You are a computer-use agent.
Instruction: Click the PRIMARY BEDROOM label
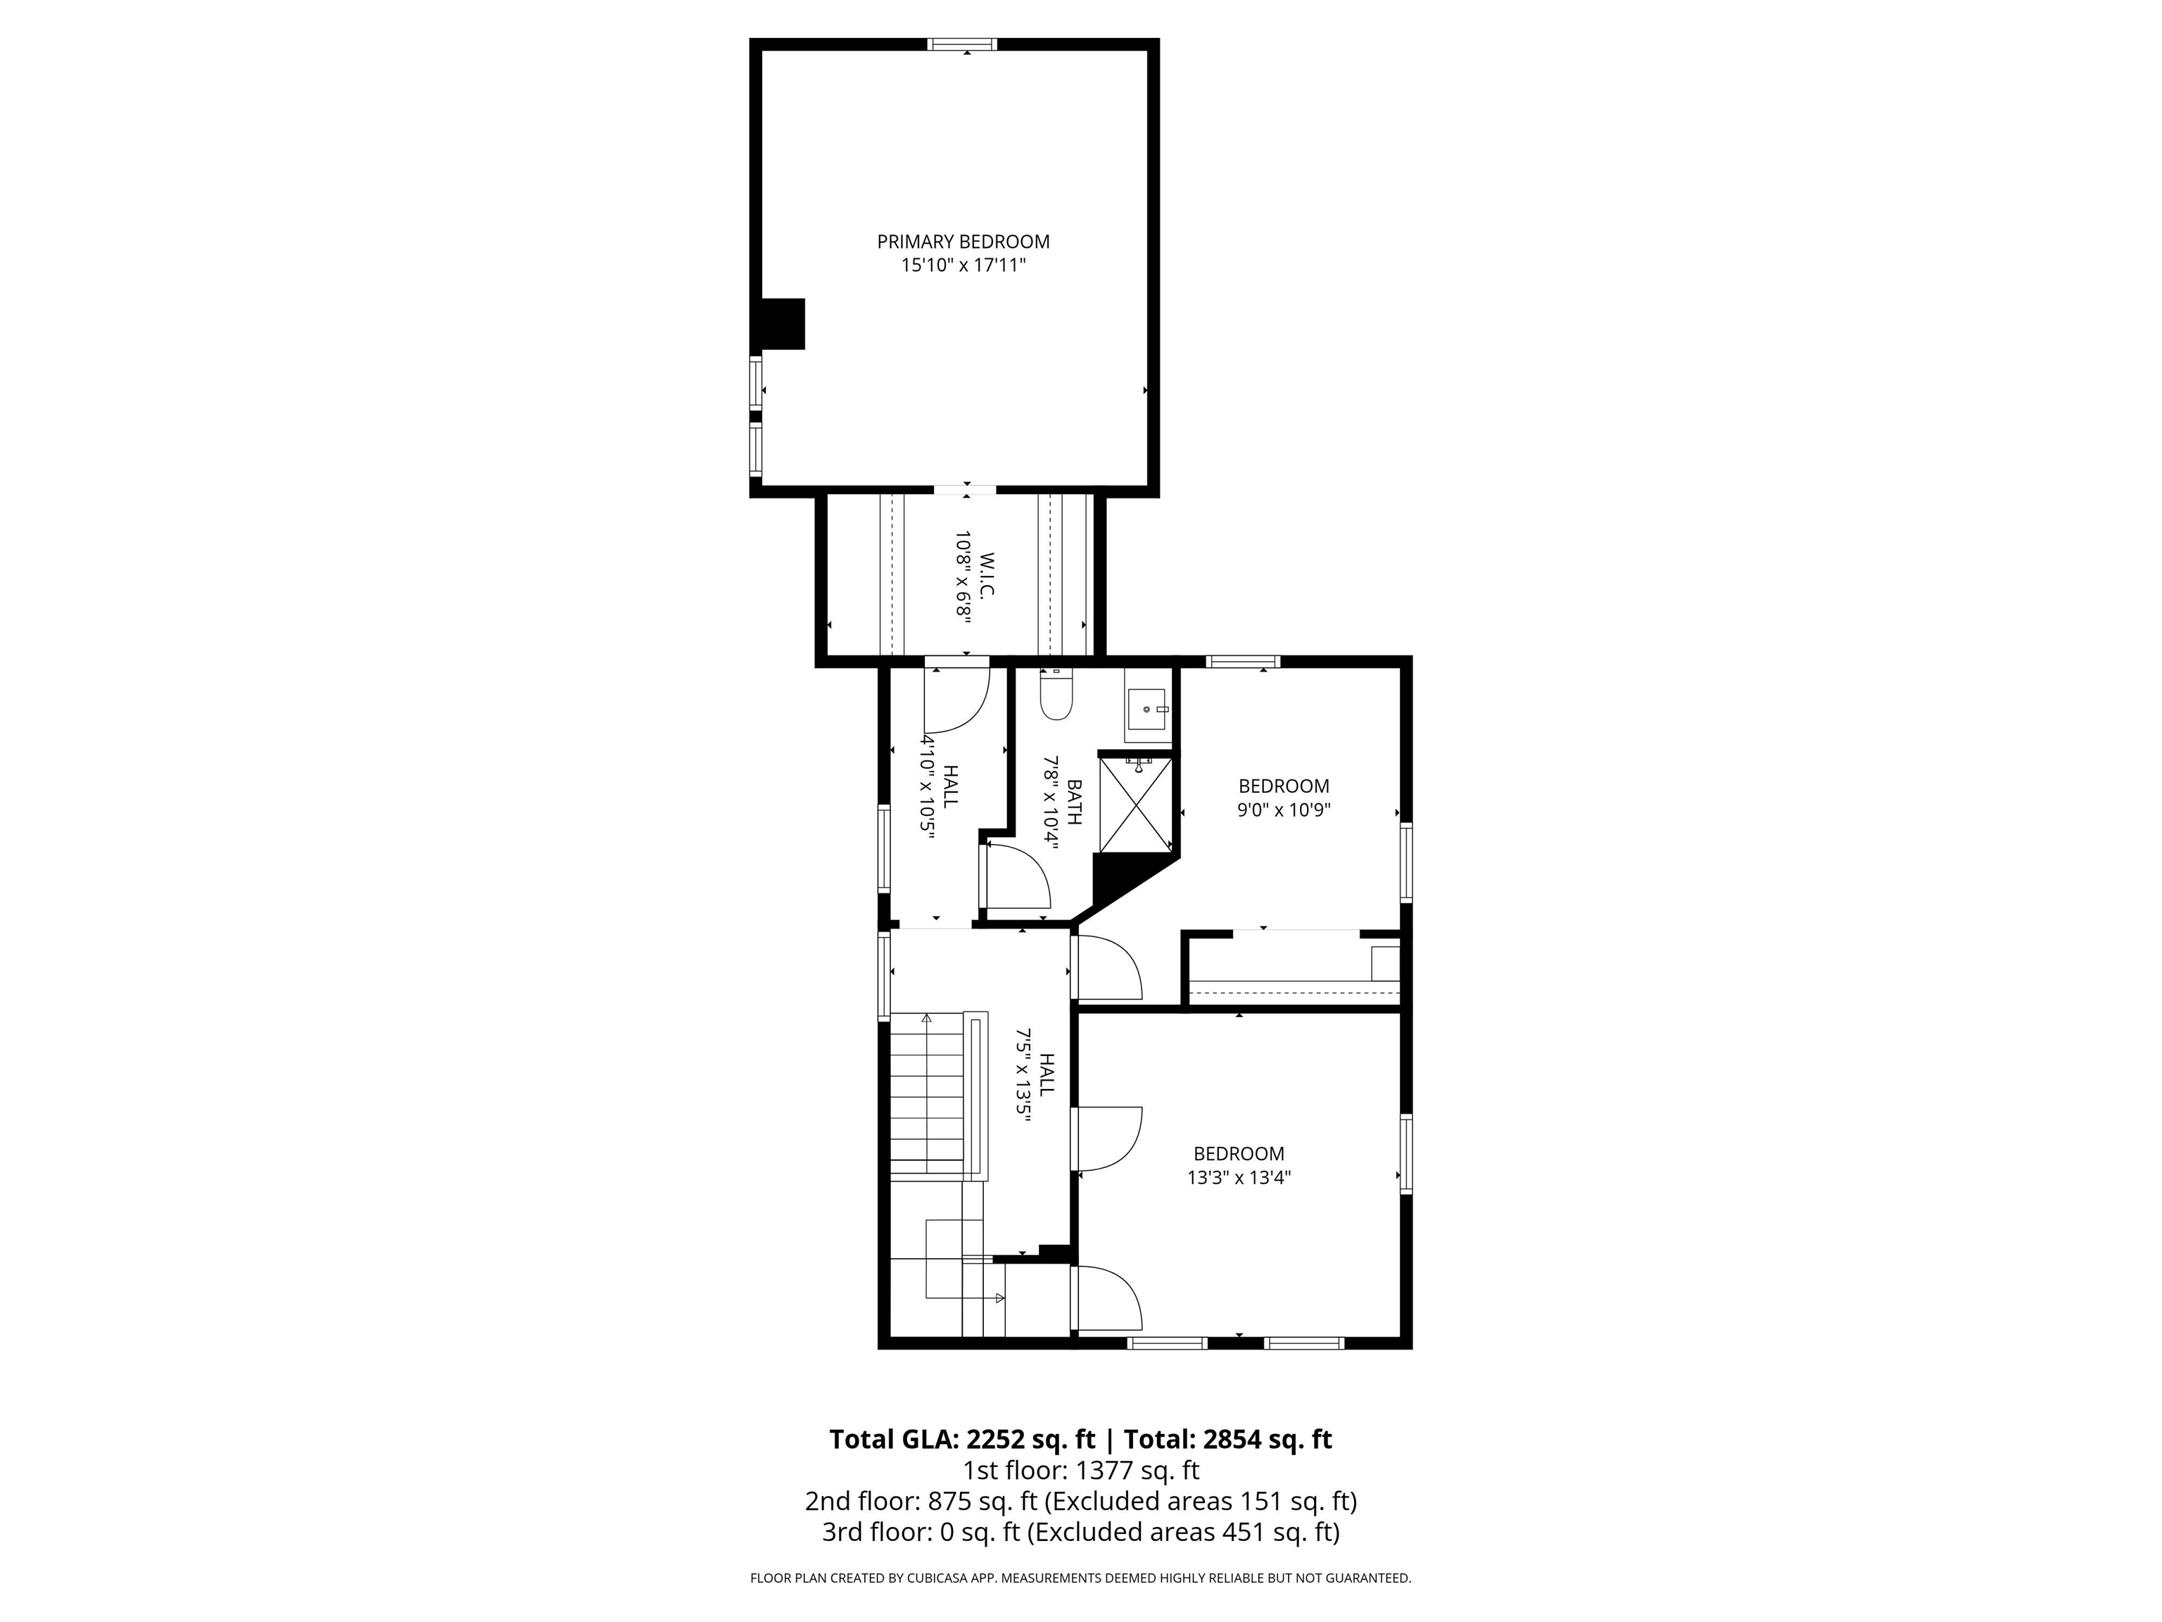tap(963, 241)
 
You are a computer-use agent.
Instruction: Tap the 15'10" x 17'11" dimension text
tap(963, 265)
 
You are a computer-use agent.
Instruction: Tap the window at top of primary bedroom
tap(963, 44)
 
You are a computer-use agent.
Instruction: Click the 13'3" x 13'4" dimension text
tap(1239, 1178)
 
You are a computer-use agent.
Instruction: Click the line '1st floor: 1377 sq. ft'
tap(1080, 1469)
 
